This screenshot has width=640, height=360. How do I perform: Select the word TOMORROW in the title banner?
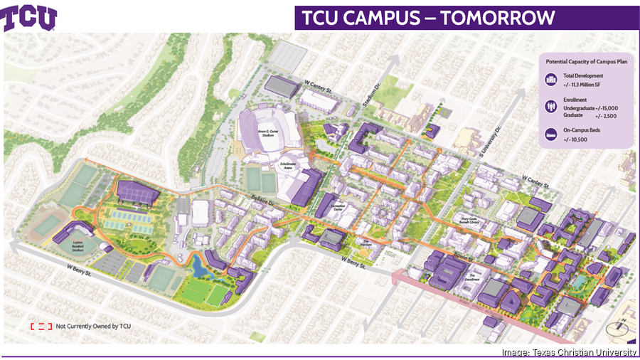click(x=497, y=18)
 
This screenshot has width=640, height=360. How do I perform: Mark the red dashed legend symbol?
click(x=41, y=326)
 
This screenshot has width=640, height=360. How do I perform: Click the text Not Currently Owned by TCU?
click(x=93, y=326)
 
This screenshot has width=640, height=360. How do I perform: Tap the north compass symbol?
click(x=617, y=327)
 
